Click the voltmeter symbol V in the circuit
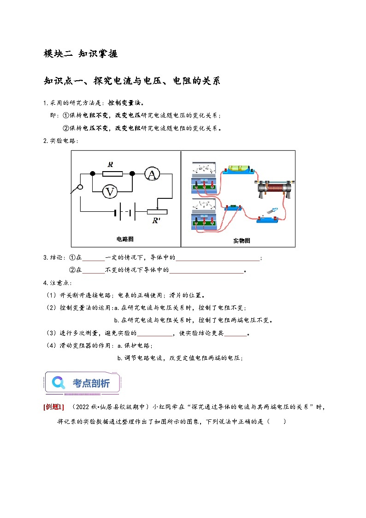point(109,191)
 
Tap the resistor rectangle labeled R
point(112,173)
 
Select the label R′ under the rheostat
point(156,220)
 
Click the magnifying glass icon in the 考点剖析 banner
point(59,382)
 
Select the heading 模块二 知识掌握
point(80,54)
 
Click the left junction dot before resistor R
point(92,173)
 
